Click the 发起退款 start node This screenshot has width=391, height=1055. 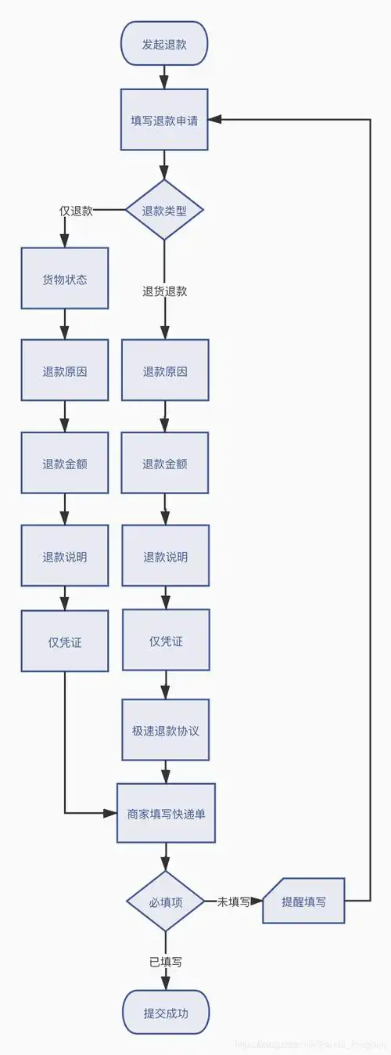(164, 43)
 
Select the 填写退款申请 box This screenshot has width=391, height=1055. (164, 120)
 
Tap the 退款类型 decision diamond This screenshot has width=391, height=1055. (164, 210)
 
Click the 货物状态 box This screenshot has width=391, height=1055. (65, 279)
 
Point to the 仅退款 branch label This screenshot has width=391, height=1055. (76, 211)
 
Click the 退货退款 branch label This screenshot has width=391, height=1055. (164, 291)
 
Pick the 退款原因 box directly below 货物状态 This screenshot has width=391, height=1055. (65, 371)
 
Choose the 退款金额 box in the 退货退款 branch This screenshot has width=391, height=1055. (165, 464)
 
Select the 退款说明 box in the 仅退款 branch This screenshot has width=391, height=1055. (65, 557)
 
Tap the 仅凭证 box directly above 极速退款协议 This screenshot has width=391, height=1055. (165, 641)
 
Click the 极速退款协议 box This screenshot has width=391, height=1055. (165, 731)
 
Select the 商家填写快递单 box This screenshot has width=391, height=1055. (166, 813)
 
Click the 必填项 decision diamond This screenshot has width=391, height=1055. (166, 901)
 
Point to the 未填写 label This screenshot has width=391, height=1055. (233, 901)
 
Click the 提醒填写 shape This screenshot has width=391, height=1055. (305, 901)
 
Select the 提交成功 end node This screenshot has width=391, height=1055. (166, 1013)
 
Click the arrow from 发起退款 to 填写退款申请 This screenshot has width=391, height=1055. (164, 77)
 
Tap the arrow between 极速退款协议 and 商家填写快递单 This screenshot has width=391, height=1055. (165, 771)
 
